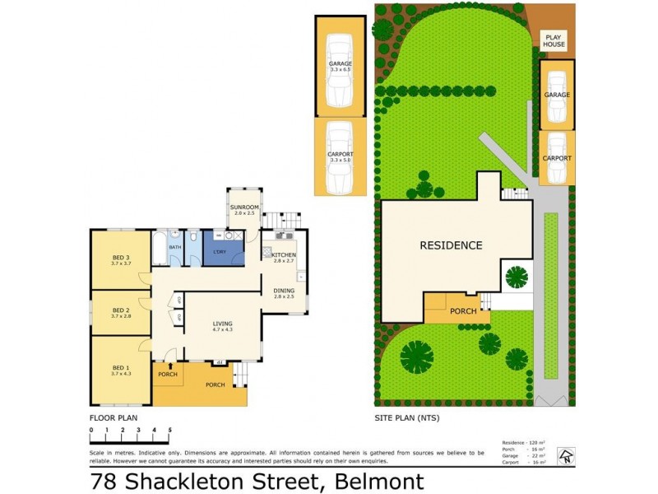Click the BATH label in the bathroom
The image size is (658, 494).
(175, 246)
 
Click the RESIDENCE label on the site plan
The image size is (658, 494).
(451, 245)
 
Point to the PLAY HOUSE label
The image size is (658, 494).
(554, 40)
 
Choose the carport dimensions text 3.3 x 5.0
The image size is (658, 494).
(340, 159)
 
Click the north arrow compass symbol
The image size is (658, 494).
(564, 454)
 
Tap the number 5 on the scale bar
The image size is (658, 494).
(169, 430)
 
